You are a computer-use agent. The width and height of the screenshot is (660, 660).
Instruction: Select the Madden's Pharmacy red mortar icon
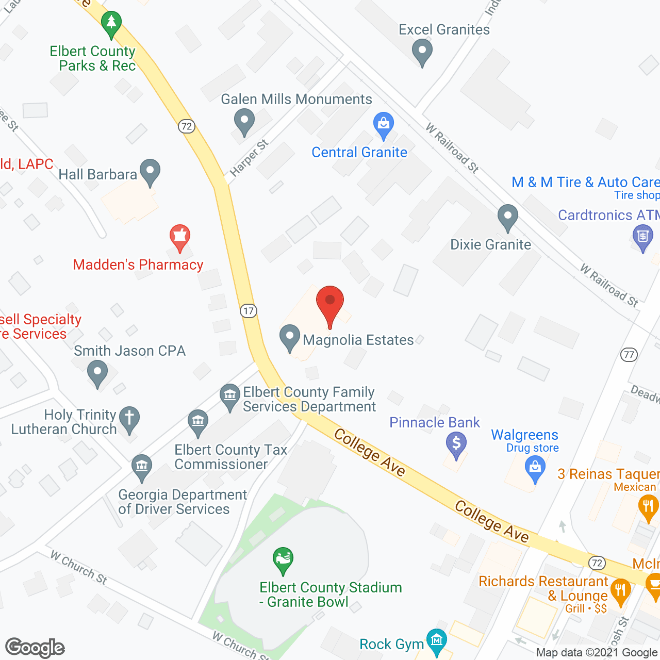(180, 237)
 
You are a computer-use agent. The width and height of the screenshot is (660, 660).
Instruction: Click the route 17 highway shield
(249, 310)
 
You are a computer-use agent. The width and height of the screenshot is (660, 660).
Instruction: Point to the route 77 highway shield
(629, 354)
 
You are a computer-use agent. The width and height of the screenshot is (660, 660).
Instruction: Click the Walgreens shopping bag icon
(535, 468)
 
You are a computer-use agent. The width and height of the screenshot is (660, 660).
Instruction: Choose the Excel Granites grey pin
(422, 52)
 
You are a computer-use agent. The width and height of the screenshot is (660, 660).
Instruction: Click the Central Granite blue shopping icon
(383, 125)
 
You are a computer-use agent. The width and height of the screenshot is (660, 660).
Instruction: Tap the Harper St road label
(249, 158)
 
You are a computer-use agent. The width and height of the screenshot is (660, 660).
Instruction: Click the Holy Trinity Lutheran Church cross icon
(129, 418)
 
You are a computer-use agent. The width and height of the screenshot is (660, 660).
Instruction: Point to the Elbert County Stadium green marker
(283, 559)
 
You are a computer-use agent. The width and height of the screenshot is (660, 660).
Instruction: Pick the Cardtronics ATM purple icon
(642, 238)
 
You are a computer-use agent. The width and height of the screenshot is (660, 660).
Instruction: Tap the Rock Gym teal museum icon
(437, 641)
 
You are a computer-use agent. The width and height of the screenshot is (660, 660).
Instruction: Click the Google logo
(35, 648)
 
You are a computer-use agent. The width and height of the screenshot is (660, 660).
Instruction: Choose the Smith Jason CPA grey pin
(97, 372)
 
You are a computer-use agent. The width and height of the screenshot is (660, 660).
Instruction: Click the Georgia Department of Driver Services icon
(142, 466)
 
